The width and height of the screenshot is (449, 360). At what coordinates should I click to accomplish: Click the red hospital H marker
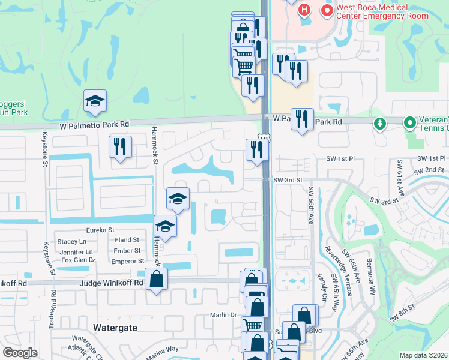(x=304, y=10)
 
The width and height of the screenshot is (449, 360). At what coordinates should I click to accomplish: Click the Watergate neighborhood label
(x=116, y=328)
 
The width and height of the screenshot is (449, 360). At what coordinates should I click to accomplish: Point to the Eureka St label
(x=100, y=230)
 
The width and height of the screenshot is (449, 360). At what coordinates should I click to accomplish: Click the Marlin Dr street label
(x=224, y=315)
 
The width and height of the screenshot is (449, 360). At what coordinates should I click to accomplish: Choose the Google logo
(x=20, y=353)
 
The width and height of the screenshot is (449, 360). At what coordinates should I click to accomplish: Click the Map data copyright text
(x=424, y=355)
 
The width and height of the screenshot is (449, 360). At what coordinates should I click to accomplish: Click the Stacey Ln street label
(x=72, y=241)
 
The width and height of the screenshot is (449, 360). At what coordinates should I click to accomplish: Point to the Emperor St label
(x=127, y=262)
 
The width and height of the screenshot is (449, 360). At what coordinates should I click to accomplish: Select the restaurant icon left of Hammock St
(x=120, y=146)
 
